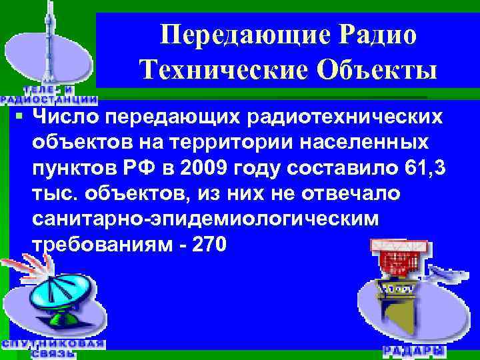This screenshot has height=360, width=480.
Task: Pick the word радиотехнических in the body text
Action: click(x=345, y=118)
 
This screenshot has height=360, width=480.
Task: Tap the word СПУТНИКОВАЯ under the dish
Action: click(x=53, y=343)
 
